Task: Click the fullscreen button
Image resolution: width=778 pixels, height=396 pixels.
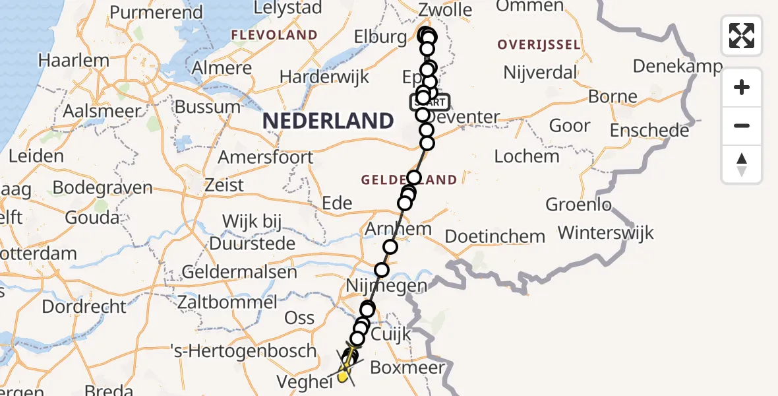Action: [742, 36]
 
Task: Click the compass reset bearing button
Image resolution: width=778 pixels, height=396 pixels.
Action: [742, 164]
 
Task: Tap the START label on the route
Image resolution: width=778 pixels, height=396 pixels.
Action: [431, 103]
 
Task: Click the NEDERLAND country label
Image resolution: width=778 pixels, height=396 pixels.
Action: [328, 121]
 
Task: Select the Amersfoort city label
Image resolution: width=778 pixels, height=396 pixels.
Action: [266, 158]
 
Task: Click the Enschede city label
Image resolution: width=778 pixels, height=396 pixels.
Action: [649, 130]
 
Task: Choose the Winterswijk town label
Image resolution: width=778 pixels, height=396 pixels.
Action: [606, 232]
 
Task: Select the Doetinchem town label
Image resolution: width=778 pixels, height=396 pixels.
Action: [495, 236]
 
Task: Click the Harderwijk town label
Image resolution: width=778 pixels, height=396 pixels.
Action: [324, 76]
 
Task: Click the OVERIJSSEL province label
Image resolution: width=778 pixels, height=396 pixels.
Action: [539, 45]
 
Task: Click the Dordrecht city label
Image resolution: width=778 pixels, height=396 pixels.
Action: [84, 307]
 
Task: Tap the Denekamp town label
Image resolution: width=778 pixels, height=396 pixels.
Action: [678, 66]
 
